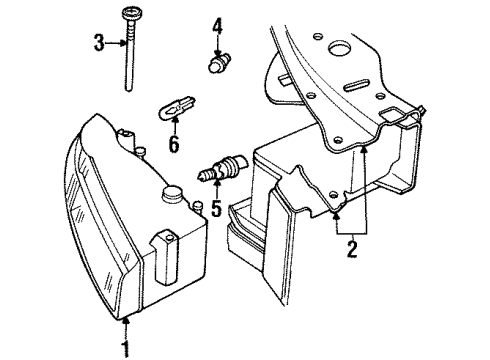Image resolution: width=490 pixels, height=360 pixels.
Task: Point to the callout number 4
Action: [217, 23]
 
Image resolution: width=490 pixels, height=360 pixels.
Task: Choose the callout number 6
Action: [174, 146]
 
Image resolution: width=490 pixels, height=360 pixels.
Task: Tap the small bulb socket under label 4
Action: [217, 65]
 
